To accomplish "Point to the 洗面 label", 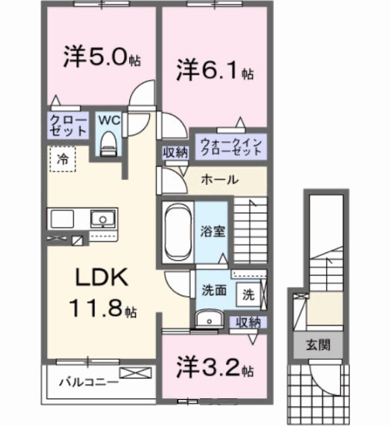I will [214, 291].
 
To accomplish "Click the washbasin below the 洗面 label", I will [207, 320].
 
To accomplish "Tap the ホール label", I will [218, 180].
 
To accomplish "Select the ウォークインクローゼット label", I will [230, 145].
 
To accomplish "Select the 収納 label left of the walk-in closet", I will [175, 152].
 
